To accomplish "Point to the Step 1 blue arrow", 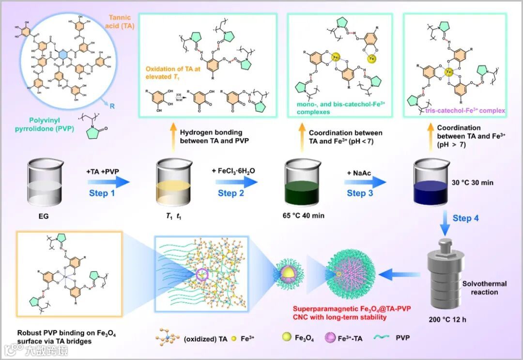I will [108, 183].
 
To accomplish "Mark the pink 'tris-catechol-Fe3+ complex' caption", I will [462, 111].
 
